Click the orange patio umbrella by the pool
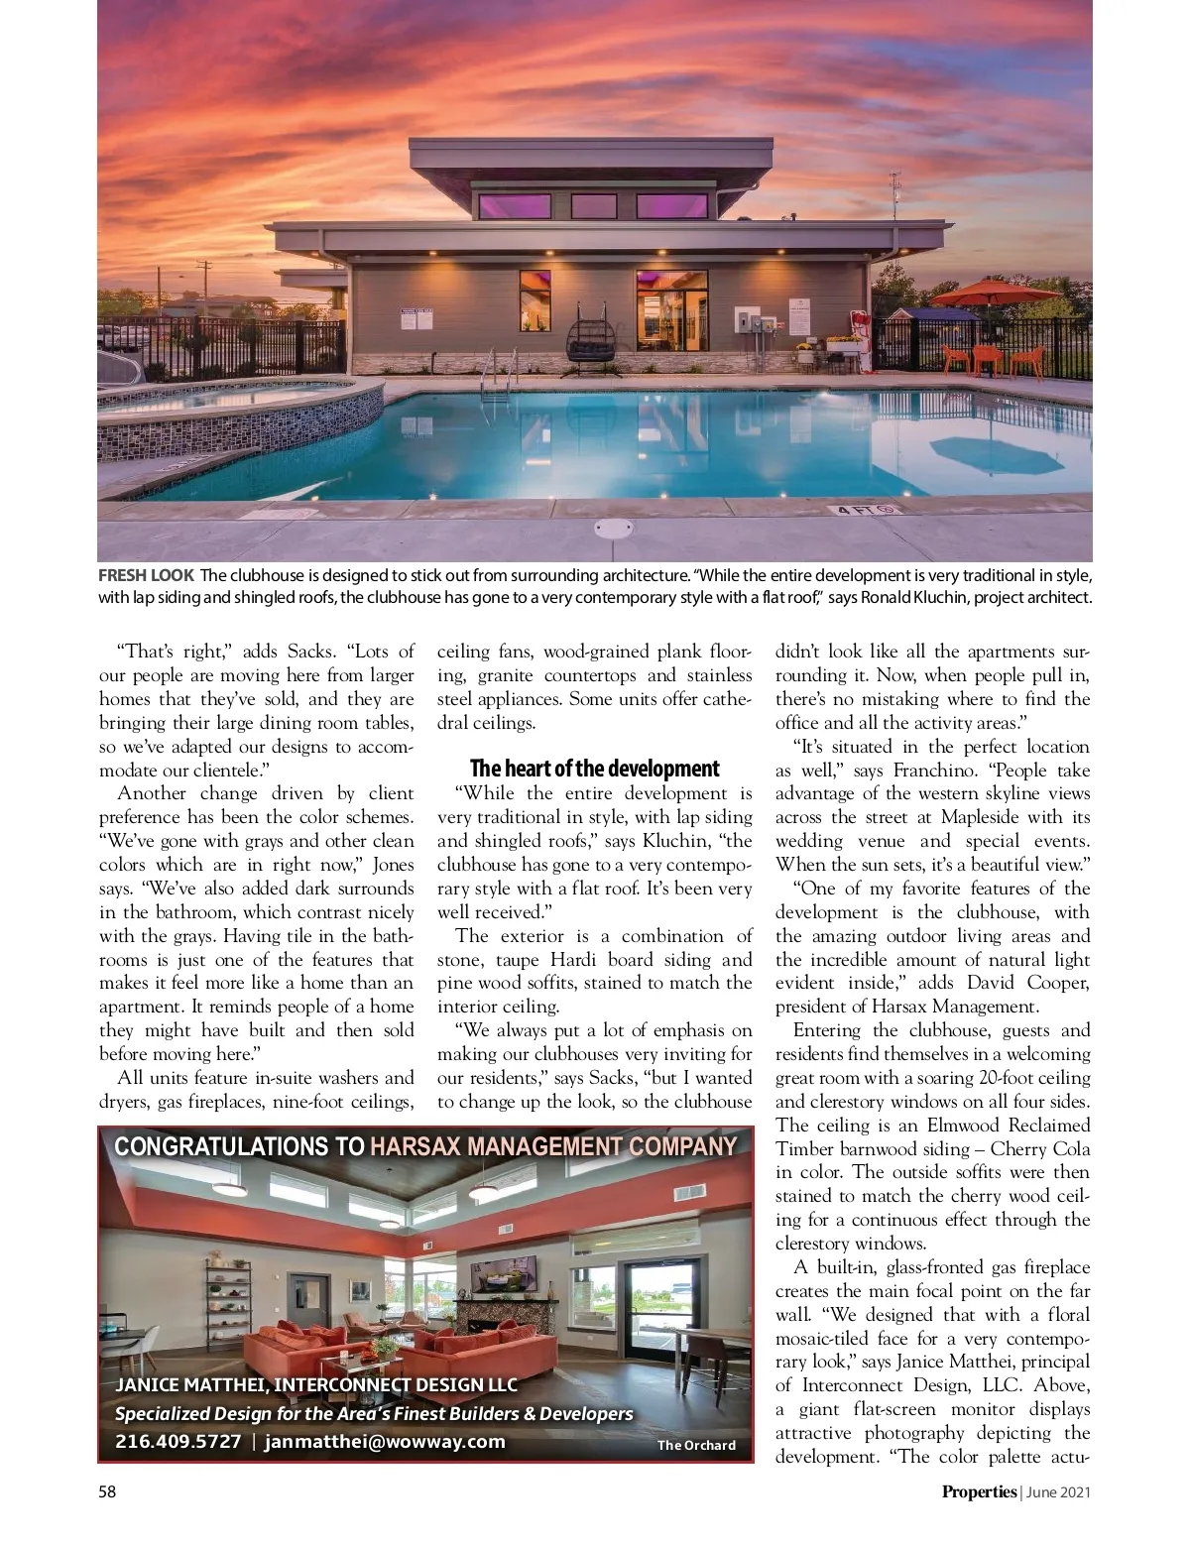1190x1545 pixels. pos(984,293)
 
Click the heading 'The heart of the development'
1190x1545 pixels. pos(594,769)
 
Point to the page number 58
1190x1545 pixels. pos(107,1491)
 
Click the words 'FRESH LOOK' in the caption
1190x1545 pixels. pos(146,575)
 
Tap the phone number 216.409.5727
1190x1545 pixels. pos(178,1442)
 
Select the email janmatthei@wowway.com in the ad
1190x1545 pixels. pos(385,1442)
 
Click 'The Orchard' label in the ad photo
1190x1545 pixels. pos(696,1445)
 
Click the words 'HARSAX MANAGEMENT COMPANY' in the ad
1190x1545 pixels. pos(553,1147)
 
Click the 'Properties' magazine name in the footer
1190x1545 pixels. pos(979,1491)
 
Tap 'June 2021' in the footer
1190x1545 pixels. pos(1058,1491)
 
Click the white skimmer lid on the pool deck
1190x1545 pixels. pos(612,528)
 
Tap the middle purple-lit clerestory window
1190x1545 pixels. pos(593,206)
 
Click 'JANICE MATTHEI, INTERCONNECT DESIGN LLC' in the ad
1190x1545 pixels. pos(316,1384)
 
